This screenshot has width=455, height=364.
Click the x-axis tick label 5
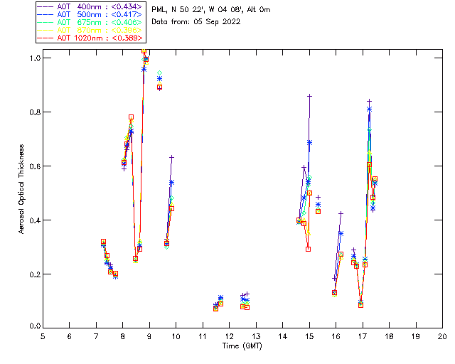coord(43,336)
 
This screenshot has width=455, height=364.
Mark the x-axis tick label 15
coord(309,336)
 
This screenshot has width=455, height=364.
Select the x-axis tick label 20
coord(442,336)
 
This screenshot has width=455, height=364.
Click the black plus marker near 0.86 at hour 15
coord(309,95)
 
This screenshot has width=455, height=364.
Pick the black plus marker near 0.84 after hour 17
coord(369,101)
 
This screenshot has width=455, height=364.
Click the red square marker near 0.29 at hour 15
coord(308,249)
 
